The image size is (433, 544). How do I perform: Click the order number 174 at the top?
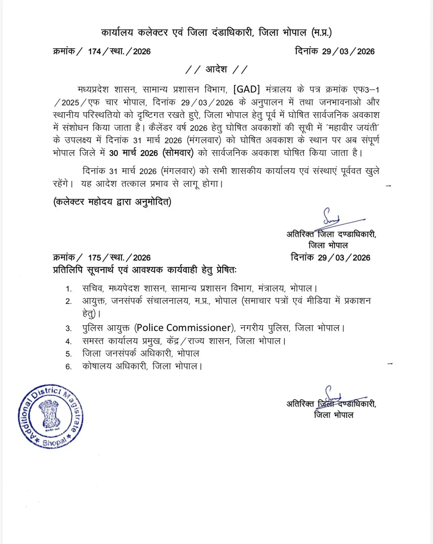94,52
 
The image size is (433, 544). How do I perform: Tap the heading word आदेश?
216,69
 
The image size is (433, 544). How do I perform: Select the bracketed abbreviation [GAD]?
246,89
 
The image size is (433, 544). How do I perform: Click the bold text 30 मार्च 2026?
133,153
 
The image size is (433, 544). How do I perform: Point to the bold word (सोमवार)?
178,153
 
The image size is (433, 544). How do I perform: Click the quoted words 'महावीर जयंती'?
353,128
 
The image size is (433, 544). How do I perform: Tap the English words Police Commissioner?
184,328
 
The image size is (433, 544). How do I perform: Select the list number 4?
68,341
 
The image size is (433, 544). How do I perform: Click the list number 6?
68,367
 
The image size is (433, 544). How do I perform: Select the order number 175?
94,258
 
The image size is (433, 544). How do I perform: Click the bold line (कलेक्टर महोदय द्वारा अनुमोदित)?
112,202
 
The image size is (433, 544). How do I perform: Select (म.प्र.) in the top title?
321,33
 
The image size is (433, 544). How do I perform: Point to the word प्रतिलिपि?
68,270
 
